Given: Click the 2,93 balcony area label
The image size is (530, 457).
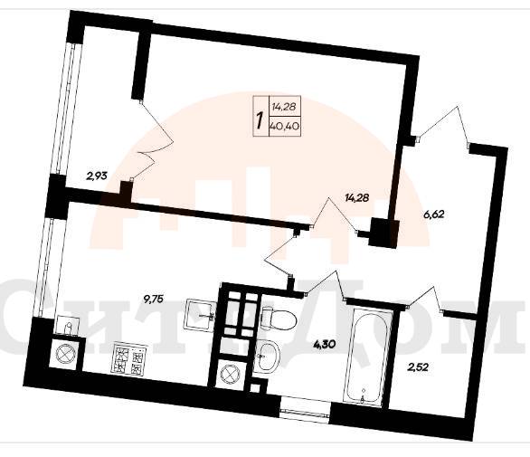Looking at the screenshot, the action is (97, 176).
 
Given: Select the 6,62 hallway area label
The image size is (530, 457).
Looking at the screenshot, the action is (433, 214).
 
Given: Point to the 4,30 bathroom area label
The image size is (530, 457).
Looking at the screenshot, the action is (325, 345).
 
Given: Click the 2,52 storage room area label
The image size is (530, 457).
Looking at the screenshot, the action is (419, 367).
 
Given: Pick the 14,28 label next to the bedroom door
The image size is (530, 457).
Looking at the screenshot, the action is (356, 197).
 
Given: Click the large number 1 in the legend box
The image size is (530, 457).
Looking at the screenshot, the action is (260, 121).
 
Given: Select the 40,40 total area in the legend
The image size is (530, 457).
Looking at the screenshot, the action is (284, 127).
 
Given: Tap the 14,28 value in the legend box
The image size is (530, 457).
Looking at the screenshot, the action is (284, 107).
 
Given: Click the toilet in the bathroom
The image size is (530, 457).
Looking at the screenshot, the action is (279, 319).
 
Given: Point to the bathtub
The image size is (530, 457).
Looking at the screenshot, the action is (368, 355).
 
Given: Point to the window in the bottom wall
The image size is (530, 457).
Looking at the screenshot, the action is (305, 411).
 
